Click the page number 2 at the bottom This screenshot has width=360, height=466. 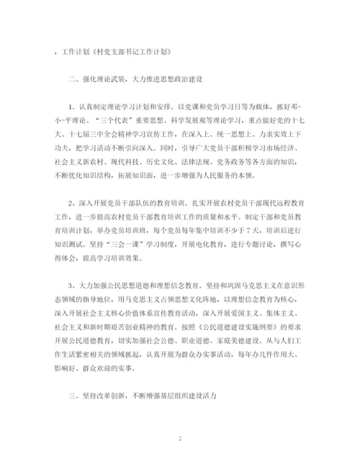[x=180, y=437]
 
